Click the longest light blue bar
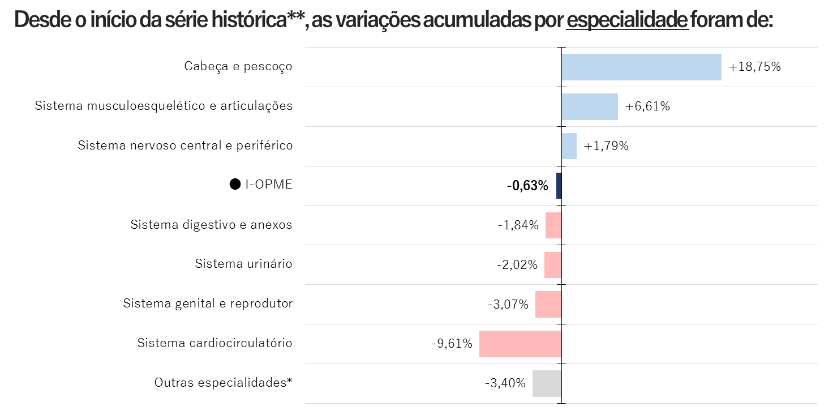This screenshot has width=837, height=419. (x=641, y=67)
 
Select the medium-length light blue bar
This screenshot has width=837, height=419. (x=590, y=106)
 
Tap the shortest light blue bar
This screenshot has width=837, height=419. (x=569, y=146)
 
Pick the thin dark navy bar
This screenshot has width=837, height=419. (x=559, y=186)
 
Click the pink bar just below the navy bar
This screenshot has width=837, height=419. (x=553, y=225)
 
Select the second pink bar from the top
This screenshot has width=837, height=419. (x=553, y=265)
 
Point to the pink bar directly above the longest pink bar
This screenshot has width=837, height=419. (x=548, y=305)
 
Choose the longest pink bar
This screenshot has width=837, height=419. (x=520, y=344)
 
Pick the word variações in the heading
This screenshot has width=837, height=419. (x=378, y=21)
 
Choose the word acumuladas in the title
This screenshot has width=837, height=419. (x=477, y=21)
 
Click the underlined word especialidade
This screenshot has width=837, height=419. (x=627, y=21)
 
